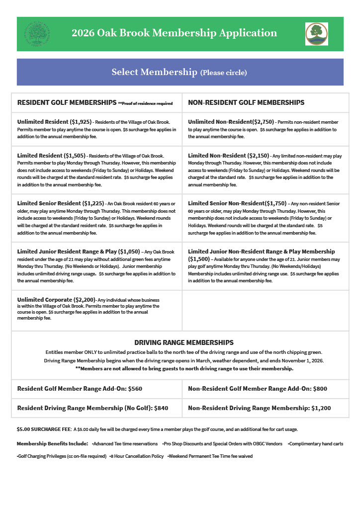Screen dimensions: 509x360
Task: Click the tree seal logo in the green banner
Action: click(37, 34)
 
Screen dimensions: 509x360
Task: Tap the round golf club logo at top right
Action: click(316, 34)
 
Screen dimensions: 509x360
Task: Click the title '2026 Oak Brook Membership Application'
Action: click(174, 33)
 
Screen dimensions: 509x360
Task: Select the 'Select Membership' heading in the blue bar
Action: click(154, 72)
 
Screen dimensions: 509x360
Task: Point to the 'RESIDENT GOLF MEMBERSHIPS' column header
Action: click(67, 103)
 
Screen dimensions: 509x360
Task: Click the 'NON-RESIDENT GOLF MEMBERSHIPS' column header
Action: click(246, 103)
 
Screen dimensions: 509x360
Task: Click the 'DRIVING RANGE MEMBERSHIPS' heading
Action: click(184, 342)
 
